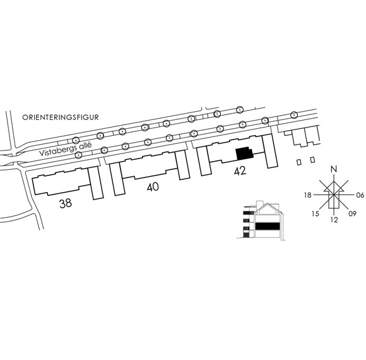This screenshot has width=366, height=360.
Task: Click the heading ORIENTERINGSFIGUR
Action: coord(61,117)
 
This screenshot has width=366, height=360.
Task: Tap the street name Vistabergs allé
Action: coord(66,149)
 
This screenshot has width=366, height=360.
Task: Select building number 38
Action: coord(66,203)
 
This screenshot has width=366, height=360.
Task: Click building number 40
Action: coord(153,187)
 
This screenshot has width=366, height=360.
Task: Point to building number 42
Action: coord(240,171)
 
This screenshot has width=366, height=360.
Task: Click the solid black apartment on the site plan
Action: coord(244,153)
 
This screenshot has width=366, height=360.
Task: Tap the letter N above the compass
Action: coord(334,169)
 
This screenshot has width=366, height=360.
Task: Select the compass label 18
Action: coord(308,195)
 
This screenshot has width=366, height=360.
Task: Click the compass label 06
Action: coord(360,195)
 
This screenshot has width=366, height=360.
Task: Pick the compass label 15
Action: coord(315,213)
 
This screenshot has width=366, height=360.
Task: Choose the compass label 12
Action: coord(334,220)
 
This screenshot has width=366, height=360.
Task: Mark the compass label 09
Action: coord(353,213)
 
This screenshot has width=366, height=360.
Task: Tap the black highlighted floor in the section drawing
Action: coord(268,226)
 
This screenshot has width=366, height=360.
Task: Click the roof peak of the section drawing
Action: coord(268,204)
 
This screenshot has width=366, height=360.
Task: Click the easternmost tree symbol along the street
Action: coord(293,115)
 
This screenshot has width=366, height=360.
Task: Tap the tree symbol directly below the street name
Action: coord(78,154)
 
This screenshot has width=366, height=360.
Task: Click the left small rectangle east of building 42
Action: coord(298,162)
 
